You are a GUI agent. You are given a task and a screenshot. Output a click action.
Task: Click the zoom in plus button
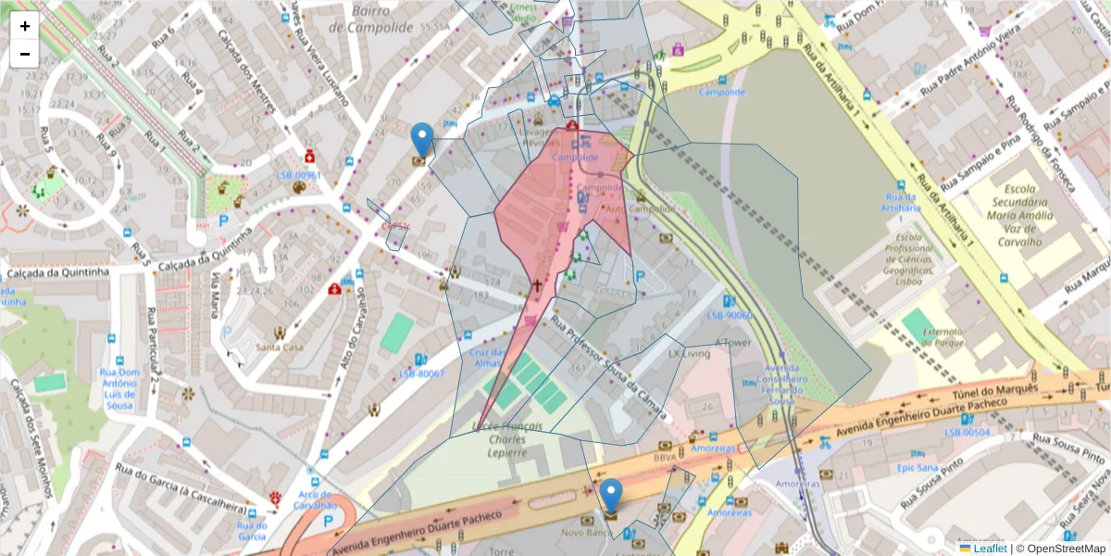click(25, 26)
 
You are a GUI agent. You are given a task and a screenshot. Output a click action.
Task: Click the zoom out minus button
click(25, 54)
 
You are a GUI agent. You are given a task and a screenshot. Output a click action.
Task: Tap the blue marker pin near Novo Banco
click(610, 496)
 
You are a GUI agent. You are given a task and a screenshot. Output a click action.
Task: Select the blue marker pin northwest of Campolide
click(421, 140)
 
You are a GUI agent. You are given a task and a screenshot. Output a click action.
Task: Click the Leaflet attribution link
click(989, 549)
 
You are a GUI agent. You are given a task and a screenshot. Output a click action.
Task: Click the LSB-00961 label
click(298, 175)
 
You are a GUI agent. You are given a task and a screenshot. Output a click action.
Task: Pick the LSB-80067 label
click(421, 374)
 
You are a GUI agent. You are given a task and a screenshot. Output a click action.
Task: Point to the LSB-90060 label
click(730, 315)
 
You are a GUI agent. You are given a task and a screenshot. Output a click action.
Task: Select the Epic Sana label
click(918, 468)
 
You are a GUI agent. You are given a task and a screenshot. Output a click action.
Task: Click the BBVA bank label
click(665, 457)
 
